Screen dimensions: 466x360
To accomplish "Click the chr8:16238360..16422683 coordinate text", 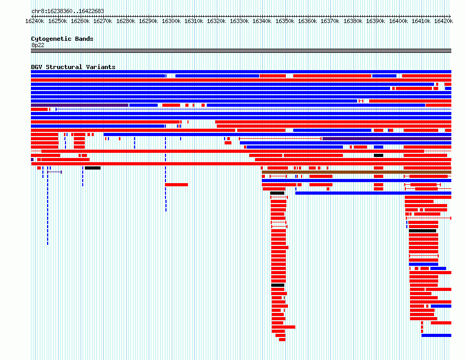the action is pyautogui.click(x=68, y=12).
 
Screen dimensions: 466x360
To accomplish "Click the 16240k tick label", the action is pyautogui.click(x=35, y=21).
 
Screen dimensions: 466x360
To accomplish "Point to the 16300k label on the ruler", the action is pyautogui.click(x=171, y=21).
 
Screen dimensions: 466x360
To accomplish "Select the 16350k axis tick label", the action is pyautogui.click(x=285, y=21).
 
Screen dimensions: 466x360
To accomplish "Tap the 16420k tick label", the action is pyautogui.click(x=443, y=21).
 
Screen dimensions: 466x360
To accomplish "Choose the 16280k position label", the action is pyautogui.click(x=126, y=21).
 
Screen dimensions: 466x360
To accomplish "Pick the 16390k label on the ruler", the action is pyautogui.click(x=375, y=21).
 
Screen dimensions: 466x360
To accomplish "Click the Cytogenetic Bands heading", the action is pyautogui.click(x=62, y=39).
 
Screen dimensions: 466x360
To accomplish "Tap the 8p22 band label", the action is pyautogui.click(x=38, y=45).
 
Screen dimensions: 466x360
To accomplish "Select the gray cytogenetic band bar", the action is pyautogui.click(x=241, y=51).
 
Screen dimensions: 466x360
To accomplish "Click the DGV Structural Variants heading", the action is pyautogui.click(x=73, y=67).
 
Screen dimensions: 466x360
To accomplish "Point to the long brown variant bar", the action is pyautogui.click(x=357, y=172).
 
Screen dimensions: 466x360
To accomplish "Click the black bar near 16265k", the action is pyautogui.click(x=93, y=168).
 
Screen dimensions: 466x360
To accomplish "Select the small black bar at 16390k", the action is pyautogui.click(x=379, y=155).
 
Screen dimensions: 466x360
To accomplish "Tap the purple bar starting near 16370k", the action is pyautogui.click(x=387, y=139).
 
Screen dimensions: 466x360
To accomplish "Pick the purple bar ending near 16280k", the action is pyautogui.click(x=80, y=105).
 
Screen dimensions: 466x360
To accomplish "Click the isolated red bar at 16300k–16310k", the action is pyautogui.click(x=176, y=185).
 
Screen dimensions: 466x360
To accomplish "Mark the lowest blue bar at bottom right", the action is pyautogui.click(x=436, y=335).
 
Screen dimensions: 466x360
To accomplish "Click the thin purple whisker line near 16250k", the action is pyautogui.click(x=54, y=172).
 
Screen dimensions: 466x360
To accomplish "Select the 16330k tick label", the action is pyautogui.click(x=239, y=21).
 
